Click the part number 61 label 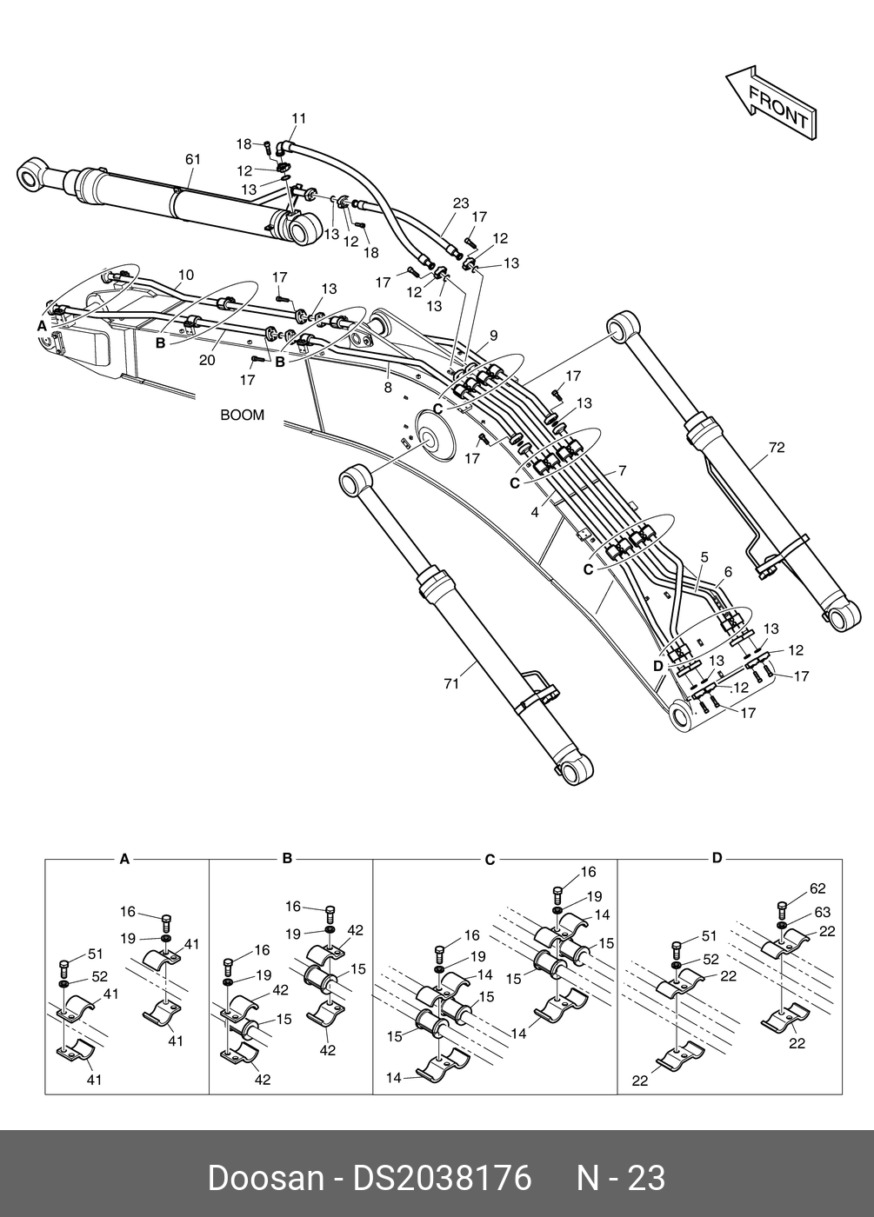[x=193, y=159]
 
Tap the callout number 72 [x=777, y=448]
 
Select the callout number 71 [x=451, y=684]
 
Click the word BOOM [x=242, y=416]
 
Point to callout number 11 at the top [x=298, y=118]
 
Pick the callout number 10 [x=186, y=276]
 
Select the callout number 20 [x=207, y=360]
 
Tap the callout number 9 [x=493, y=335]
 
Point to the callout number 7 [x=622, y=470]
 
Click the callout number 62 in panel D [x=817, y=888]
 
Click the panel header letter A [x=124, y=859]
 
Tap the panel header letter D [x=717, y=858]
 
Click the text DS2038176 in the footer [x=441, y=1178]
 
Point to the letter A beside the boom [x=41, y=325]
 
